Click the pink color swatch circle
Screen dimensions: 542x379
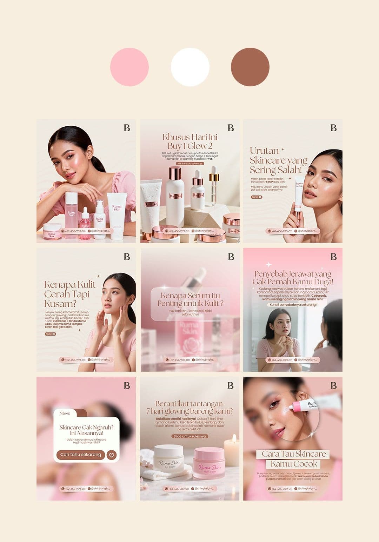129,67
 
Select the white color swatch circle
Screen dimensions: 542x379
190,67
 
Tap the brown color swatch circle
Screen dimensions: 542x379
250,67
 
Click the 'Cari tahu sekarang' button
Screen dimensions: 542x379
81,455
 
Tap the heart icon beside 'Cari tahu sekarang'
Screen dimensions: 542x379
112,455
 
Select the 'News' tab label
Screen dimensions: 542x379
65,414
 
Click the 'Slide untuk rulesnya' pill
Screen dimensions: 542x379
190,436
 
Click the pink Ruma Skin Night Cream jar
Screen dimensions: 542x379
209,463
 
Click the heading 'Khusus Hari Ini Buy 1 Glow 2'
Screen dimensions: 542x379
190,141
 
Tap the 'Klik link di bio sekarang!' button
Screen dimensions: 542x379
190,164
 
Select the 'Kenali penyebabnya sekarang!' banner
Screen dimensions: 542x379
293,305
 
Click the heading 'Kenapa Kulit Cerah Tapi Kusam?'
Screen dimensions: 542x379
70,294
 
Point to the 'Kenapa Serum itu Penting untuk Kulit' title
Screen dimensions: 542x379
190,299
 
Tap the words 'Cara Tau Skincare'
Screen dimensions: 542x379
294,454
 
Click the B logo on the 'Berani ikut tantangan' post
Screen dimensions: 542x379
231,385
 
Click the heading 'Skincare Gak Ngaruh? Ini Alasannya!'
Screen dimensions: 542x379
86,430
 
